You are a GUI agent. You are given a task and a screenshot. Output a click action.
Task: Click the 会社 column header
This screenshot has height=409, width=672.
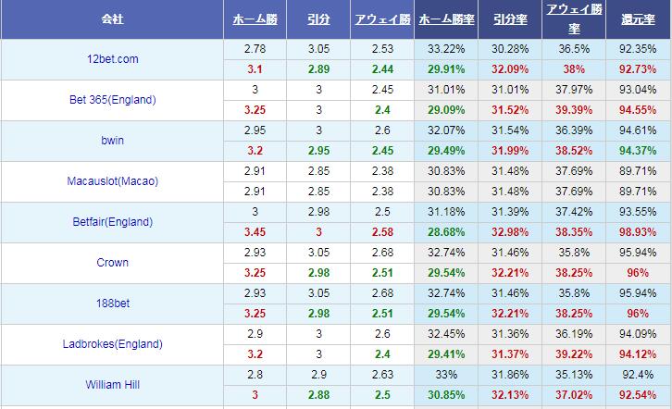click(x=112, y=19)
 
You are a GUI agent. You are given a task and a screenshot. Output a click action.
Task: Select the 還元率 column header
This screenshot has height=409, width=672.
click(x=639, y=19)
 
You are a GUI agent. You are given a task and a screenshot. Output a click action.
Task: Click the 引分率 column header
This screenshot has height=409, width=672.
click(x=510, y=19)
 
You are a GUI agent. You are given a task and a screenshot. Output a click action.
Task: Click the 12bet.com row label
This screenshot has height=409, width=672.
click(x=112, y=59)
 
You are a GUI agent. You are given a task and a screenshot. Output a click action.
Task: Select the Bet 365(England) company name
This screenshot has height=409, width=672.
click(x=112, y=100)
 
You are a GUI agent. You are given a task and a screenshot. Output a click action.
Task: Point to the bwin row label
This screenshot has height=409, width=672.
click(x=112, y=141)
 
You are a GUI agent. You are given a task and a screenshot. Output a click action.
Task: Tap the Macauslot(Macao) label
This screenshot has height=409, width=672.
click(x=112, y=181)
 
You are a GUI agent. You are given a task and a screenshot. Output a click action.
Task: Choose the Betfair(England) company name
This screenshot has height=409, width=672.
click(x=112, y=222)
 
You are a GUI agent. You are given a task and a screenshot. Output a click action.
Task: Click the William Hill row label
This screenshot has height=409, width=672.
click(x=112, y=385)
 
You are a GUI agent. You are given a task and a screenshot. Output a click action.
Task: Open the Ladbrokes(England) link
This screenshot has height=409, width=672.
click(x=112, y=344)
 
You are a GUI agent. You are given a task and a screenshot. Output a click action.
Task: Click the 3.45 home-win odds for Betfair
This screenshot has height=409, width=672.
click(x=255, y=231)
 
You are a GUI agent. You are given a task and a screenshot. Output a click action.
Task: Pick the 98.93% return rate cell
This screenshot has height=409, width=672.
click(x=639, y=231)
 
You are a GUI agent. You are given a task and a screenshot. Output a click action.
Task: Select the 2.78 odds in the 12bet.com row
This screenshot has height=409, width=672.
click(x=255, y=48)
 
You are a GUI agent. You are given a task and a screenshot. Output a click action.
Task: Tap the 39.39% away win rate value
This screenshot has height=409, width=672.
click(x=574, y=109)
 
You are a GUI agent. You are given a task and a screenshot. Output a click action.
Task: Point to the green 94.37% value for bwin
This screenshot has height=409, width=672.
click(x=639, y=150)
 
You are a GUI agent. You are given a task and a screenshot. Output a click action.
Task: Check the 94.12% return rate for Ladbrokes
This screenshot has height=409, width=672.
click(x=639, y=353)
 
